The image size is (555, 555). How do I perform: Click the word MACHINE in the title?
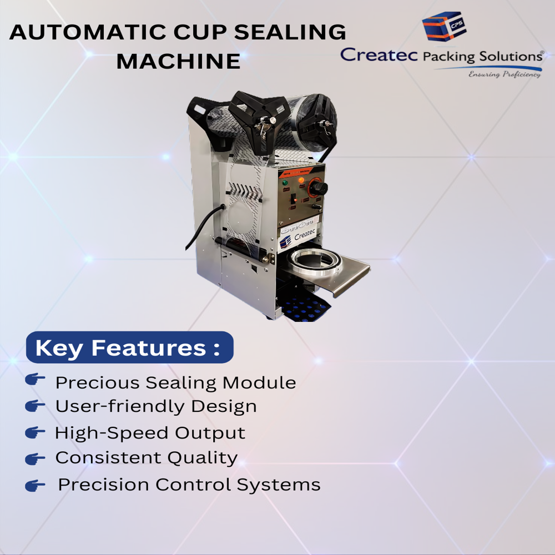(x=178, y=60)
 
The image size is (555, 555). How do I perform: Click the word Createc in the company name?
(x=379, y=55)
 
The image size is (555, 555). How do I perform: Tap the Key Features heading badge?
(x=129, y=348)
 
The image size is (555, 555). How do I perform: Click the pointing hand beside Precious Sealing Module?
(x=35, y=380)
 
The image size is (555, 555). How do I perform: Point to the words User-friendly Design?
(x=156, y=406)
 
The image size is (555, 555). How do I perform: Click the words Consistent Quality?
(x=147, y=458)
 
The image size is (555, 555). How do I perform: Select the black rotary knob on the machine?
(x=319, y=188)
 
